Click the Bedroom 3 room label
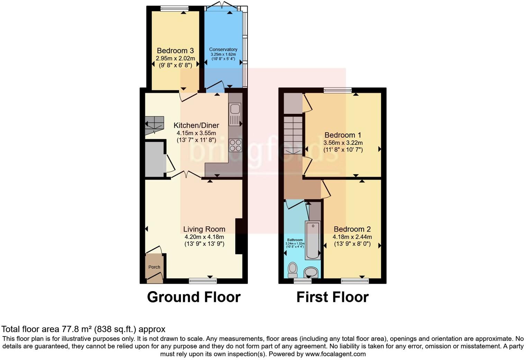(175, 51)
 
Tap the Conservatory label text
(223, 49)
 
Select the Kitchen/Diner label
(196, 125)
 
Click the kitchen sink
(235, 114)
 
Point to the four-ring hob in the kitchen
(235, 145)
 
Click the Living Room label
(204, 229)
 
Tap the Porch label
(154, 267)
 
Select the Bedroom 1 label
(343, 135)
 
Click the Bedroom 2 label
(352, 229)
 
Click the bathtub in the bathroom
(313, 240)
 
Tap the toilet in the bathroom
(293, 269)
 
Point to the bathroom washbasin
(311, 272)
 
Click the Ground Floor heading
(194, 297)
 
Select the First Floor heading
(333, 297)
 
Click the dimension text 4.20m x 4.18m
(204, 237)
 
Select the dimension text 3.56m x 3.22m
(343, 143)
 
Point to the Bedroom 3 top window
(174, 9)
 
